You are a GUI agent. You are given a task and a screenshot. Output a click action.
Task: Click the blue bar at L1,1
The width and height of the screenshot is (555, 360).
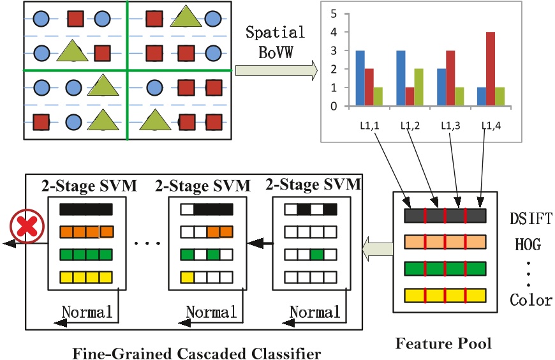click(360, 78)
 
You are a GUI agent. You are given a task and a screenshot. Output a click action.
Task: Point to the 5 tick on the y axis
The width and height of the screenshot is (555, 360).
click(333, 13)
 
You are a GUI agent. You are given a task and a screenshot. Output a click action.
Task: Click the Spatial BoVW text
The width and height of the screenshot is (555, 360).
click(276, 41)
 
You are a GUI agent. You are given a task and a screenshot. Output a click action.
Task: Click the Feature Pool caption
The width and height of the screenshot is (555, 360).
click(443, 344)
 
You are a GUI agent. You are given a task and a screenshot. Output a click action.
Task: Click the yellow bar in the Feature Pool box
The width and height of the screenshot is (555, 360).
click(445, 295)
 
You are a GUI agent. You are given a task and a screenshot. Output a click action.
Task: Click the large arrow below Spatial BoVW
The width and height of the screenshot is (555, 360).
click(276, 70)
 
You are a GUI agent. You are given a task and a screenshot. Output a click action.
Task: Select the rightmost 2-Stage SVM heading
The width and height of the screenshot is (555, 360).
click(313, 185)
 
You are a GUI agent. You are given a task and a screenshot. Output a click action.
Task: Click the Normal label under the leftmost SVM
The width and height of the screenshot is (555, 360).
click(87, 312)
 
